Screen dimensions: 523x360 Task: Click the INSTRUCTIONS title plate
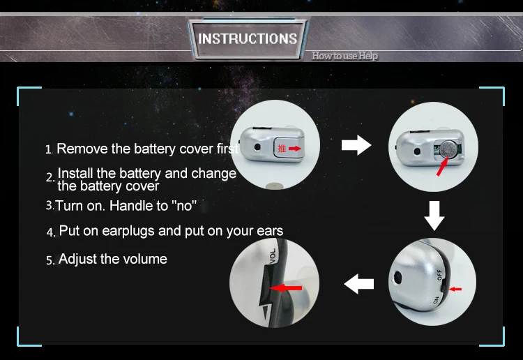coord(248,38)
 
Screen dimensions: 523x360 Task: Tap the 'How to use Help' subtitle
coord(345,56)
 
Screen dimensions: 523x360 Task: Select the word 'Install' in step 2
coord(75,174)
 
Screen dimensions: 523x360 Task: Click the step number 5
coord(50,260)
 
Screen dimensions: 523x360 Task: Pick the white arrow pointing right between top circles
coord(356,145)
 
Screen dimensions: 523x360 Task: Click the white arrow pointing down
coord(434,215)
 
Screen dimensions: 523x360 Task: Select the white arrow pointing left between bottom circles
coord(359,284)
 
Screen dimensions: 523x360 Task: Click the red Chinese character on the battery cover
coord(282,149)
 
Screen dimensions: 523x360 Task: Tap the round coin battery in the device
coord(447,149)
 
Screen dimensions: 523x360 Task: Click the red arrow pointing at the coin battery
coord(442,167)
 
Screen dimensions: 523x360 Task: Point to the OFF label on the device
coord(439,275)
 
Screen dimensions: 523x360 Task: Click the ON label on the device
coord(436,300)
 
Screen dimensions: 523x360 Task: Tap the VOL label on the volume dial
coord(273,256)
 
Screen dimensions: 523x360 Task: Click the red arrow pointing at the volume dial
coord(285,287)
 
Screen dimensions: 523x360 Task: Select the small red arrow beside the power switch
coord(455,289)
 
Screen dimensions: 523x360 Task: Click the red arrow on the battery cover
coord(295,149)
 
